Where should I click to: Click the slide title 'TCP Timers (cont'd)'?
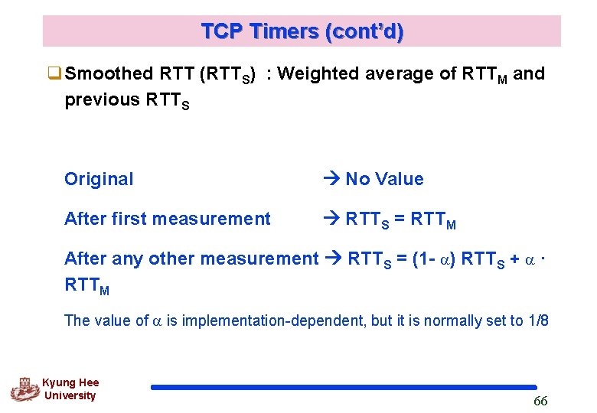(x=302, y=31)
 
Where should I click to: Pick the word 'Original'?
(x=99, y=179)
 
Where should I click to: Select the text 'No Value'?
(x=384, y=179)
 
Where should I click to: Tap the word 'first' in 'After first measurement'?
(x=129, y=219)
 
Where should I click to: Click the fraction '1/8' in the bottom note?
(x=538, y=320)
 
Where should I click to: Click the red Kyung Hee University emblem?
(x=24, y=389)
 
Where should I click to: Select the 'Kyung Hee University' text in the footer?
(x=70, y=389)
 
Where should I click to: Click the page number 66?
(x=540, y=402)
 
